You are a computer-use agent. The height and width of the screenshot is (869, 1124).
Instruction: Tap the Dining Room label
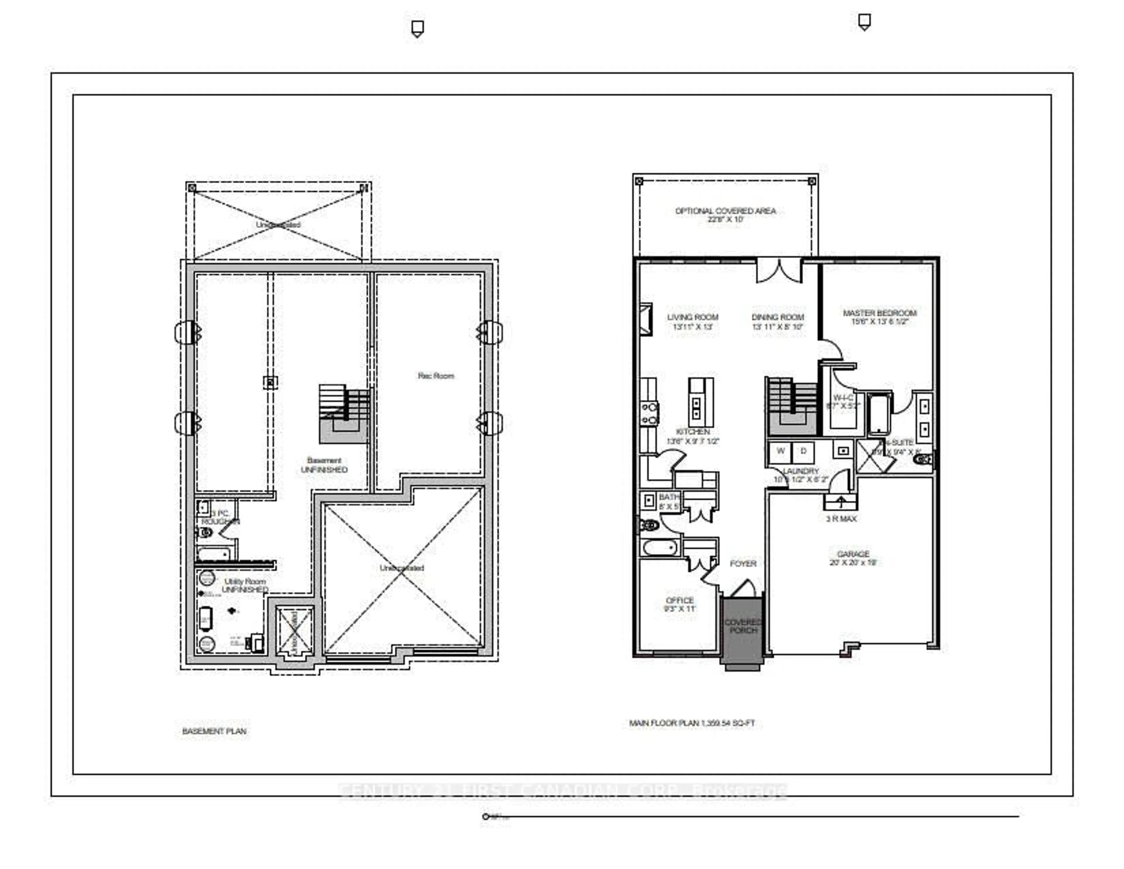(x=777, y=322)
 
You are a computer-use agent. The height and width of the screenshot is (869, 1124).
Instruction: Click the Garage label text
(x=853, y=558)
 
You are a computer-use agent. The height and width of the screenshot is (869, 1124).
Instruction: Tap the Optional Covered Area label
(x=725, y=214)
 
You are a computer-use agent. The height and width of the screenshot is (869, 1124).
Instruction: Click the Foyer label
(x=743, y=563)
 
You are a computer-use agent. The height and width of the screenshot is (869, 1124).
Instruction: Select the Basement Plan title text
(x=214, y=731)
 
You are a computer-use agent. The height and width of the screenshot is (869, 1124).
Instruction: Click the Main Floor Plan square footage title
(x=692, y=723)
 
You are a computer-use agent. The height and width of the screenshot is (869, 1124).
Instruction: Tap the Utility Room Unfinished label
(x=245, y=585)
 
